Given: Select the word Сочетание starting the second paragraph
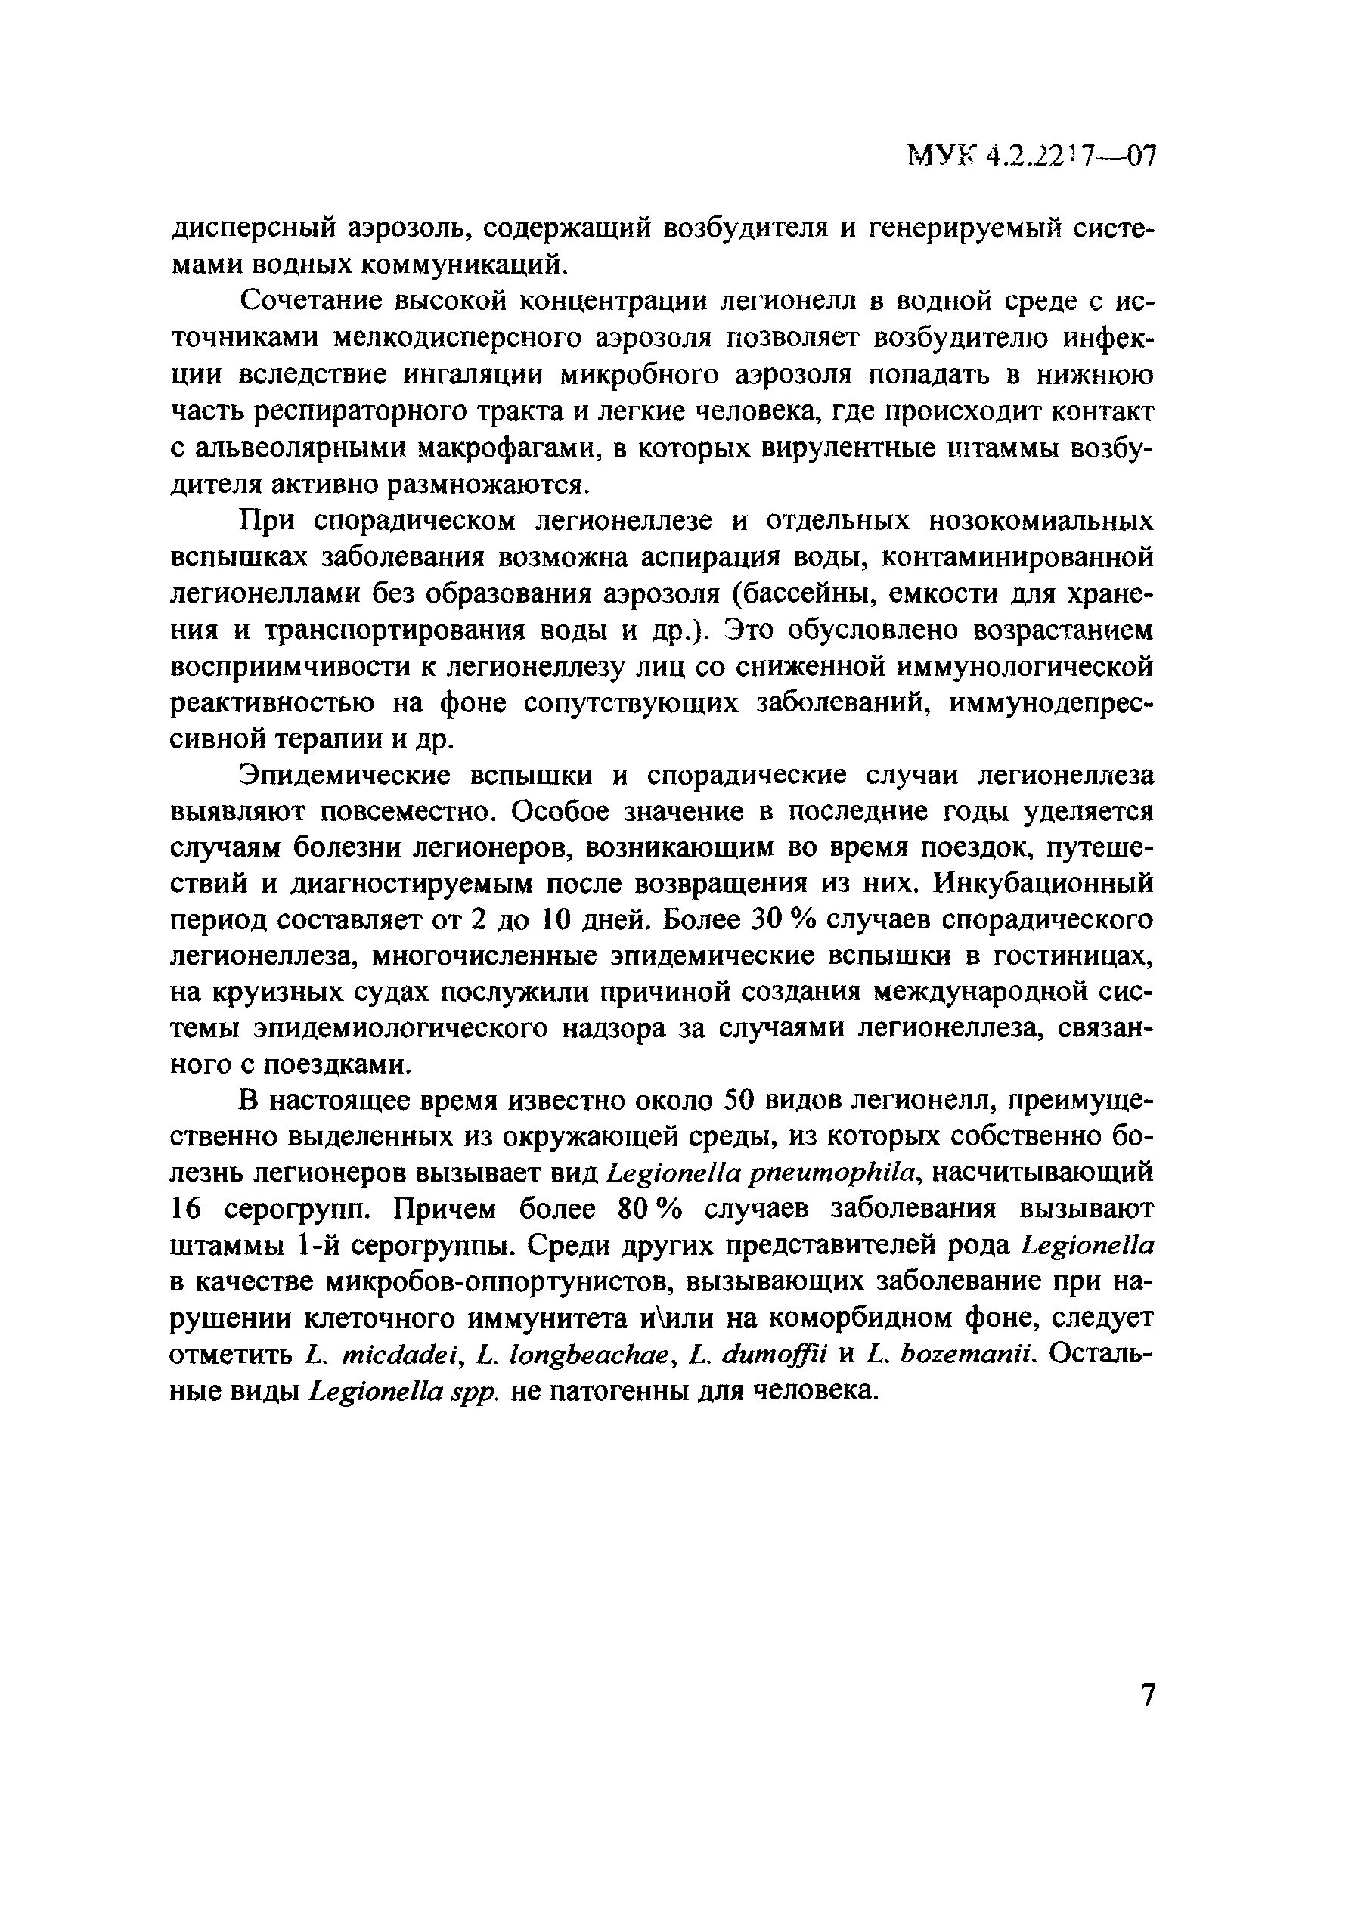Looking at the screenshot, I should click(x=311, y=301).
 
